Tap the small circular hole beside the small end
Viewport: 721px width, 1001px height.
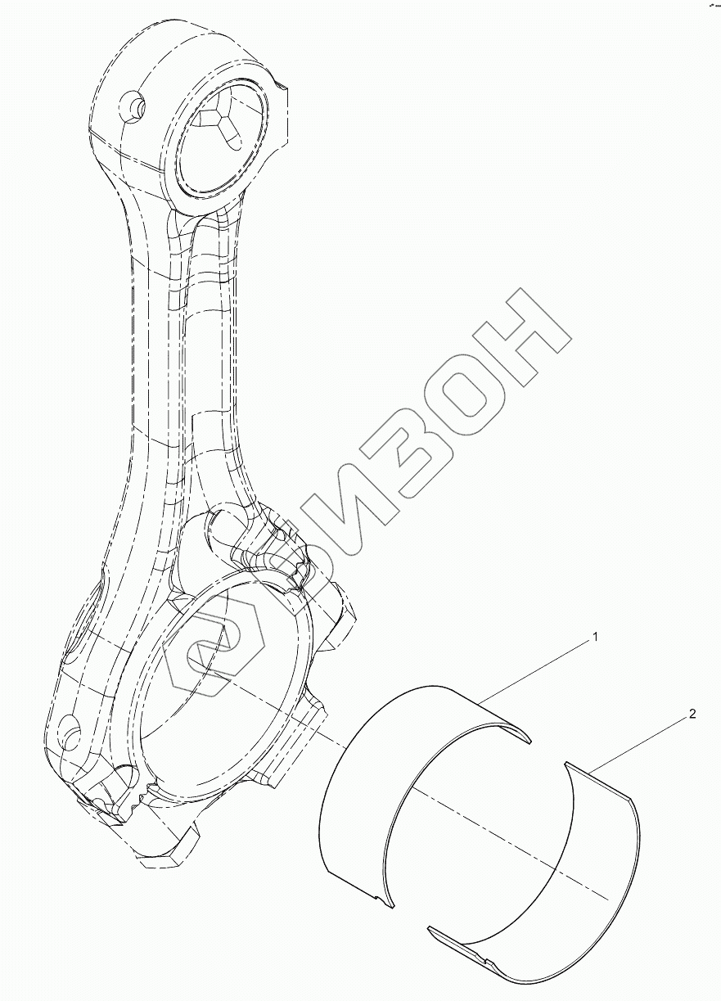133,106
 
